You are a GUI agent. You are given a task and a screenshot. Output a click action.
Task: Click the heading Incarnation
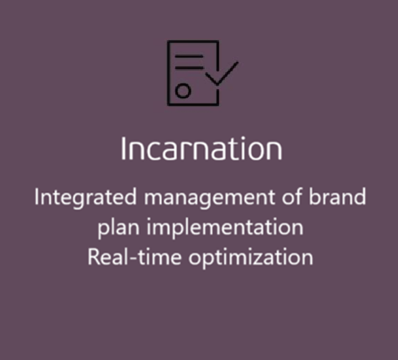201,149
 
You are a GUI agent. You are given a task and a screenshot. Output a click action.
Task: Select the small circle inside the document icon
183,91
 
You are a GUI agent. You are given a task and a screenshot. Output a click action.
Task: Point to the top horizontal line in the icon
189,56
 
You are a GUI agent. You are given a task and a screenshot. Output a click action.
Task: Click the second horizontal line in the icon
189,68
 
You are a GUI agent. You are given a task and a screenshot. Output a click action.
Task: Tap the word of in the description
292,196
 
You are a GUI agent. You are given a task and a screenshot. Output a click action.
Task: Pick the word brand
337,196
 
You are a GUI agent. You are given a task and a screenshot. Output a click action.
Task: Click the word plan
118,228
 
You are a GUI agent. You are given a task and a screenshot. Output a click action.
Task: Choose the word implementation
225,228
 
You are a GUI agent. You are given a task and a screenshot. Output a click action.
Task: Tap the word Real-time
135,257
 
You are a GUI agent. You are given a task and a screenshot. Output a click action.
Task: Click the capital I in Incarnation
124,149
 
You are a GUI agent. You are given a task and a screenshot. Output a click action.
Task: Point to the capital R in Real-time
93,257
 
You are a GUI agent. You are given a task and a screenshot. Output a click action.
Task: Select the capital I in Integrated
37,196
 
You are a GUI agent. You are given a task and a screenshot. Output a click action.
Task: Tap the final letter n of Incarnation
274,151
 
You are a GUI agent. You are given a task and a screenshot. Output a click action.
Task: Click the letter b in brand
314,196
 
